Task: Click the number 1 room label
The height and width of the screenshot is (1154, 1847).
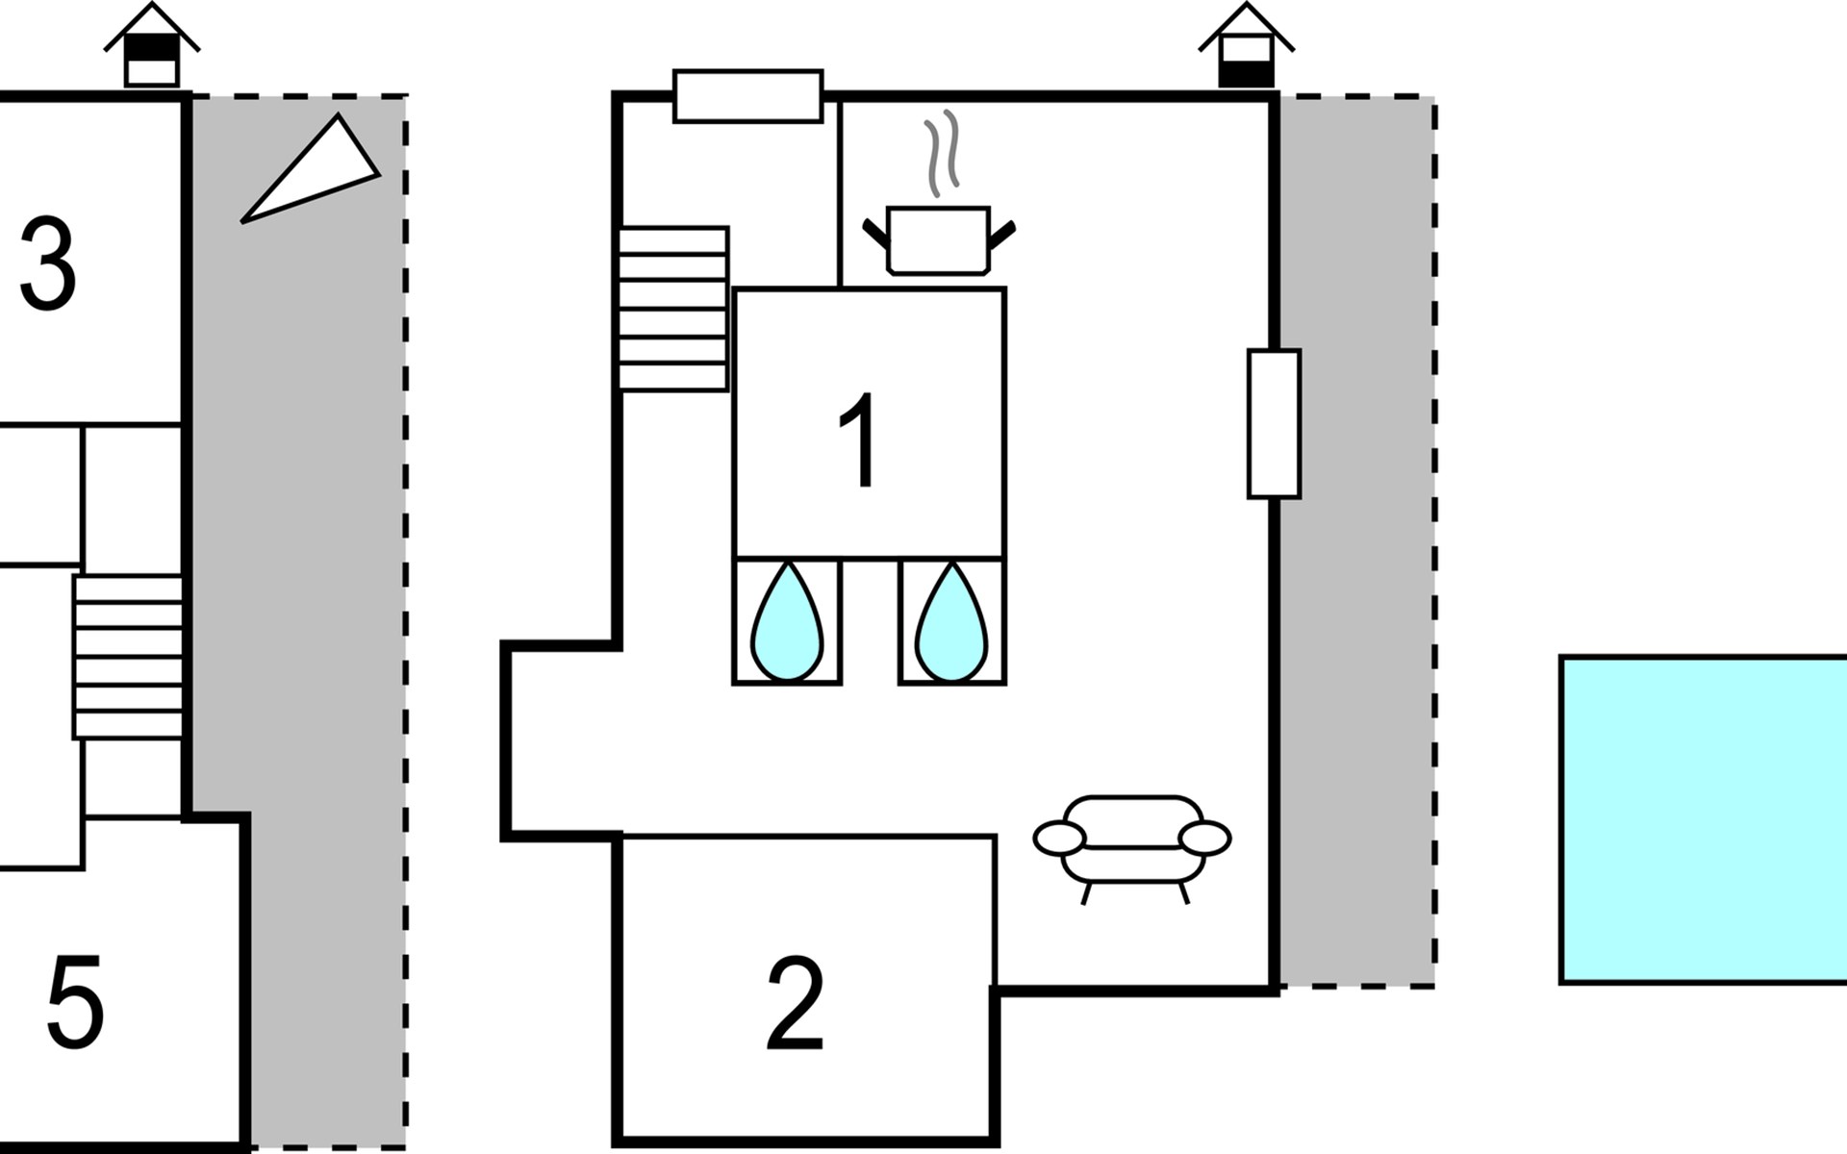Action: (x=859, y=439)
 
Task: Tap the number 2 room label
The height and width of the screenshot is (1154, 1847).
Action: (x=796, y=1004)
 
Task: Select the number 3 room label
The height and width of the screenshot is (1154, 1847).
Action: (x=48, y=263)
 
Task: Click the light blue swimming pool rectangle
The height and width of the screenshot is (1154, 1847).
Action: (x=1704, y=820)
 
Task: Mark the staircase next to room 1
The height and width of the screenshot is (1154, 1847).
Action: (x=673, y=309)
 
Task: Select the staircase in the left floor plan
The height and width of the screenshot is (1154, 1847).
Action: (x=128, y=657)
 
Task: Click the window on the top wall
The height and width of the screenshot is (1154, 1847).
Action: (x=748, y=96)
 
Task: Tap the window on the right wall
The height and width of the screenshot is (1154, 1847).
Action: (x=1274, y=424)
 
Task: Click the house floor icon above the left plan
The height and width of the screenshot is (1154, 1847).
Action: (x=152, y=45)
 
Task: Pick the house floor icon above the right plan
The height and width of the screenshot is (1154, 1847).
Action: (x=1246, y=45)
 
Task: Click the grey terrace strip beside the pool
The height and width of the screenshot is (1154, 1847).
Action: (x=1356, y=540)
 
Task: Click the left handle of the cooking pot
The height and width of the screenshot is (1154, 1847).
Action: (x=875, y=233)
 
